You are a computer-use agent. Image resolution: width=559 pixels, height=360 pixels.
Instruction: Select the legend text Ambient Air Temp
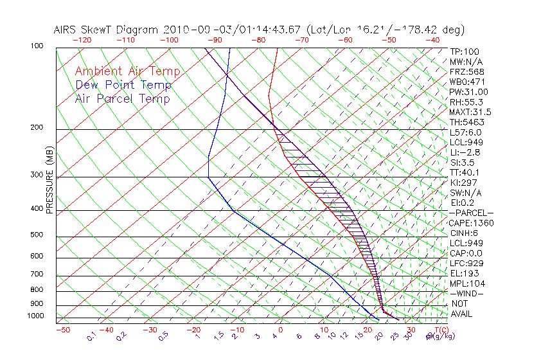(127, 71)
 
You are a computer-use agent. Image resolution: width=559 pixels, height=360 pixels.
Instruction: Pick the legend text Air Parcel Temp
(122, 98)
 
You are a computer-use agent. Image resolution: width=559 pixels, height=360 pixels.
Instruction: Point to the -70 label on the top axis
(301, 39)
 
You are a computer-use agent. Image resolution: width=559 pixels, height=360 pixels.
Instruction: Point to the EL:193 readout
(464, 273)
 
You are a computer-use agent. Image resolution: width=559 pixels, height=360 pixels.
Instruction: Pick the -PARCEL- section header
(472, 213)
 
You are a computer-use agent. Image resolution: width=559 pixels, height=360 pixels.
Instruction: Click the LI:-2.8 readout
(465, 152)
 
